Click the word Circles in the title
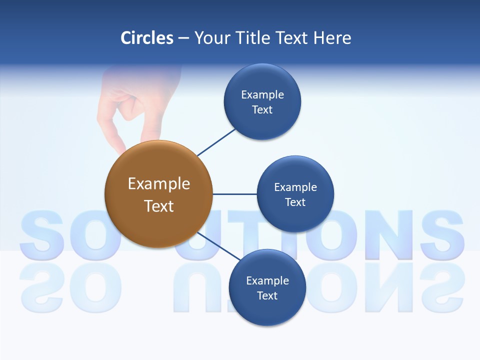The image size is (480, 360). click(146, 38)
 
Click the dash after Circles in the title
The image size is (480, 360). click(183, 38)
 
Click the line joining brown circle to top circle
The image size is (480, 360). click(216, 142)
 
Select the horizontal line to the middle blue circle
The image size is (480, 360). click(234, 194)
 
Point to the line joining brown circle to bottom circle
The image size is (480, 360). click(218, 246)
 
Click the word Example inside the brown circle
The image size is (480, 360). click(158, 184)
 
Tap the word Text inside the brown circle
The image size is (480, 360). click(158, 206)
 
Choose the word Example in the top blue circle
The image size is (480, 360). click(262, 95)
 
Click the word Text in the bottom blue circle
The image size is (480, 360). click(267, 296)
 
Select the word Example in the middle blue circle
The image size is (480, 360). click(295, 187)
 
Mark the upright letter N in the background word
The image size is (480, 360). click(390, 234)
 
